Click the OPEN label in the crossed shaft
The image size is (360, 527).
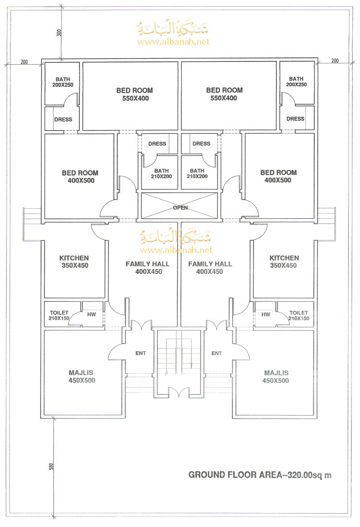(180, 208)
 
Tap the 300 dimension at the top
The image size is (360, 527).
(59, 33)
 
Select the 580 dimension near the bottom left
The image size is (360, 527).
(51, 467)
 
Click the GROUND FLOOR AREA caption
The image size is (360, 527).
(260, 475)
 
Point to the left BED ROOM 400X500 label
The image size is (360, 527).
(80, 177)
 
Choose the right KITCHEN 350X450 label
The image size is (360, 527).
(284, 262)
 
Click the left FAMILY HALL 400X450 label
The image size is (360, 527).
(147, 268)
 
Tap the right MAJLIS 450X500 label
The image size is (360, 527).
(276, 377)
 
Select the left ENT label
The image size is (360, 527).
(141, 353)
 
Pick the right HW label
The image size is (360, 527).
(266, 314)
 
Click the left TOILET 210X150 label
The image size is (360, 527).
(59, 315)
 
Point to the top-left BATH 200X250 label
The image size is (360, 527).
(62, 82)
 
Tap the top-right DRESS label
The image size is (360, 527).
(295, 119)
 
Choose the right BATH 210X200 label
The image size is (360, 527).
(197, 173)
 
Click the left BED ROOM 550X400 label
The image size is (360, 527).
(134, 95)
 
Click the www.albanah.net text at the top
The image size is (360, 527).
(173, 42)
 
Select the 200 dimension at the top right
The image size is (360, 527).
(335, 61)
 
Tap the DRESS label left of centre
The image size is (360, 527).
(157, 144)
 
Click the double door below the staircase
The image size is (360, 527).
(179, 393)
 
